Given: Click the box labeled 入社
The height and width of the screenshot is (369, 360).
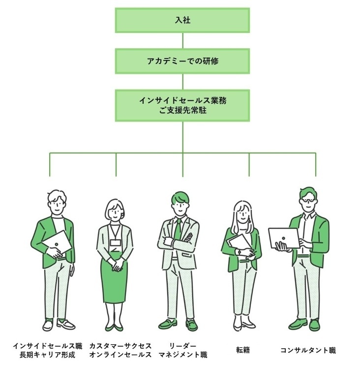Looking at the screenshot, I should pos(182,21).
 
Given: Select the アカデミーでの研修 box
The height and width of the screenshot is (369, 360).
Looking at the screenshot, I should pos(182,61).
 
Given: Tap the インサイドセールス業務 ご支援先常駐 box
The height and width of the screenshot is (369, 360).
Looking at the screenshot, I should pos(182,105).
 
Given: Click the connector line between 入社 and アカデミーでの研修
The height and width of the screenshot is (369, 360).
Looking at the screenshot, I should pos(182,41).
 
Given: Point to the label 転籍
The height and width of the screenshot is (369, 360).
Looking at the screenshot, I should pos(243,350).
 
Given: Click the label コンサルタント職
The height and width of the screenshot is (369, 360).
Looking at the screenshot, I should pos(308,350).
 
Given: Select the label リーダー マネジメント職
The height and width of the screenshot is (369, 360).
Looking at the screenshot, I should pos(182,350).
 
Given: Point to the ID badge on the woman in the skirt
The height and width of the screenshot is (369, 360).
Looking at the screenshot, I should pos(115,242).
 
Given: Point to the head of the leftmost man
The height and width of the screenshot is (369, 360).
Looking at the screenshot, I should pos(57,202).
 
